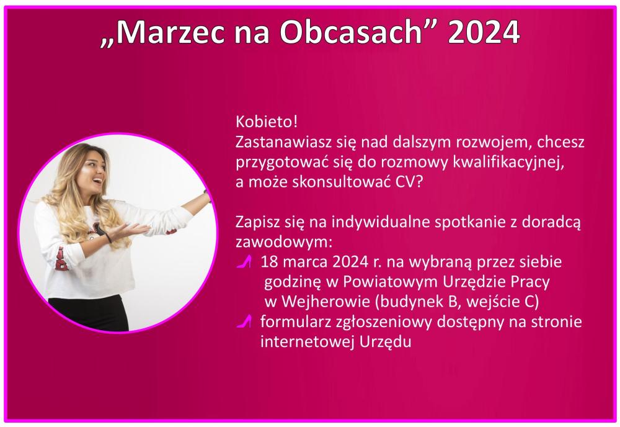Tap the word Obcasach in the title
[352, 32]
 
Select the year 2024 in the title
[484, 32]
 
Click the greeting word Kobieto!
[266, 122]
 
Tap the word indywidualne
[381, 222]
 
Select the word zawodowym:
[284, 242]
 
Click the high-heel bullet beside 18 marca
[244, 261]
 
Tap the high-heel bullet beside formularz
[244, 321]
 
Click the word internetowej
[308, 341]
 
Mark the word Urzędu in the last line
[385, 342]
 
